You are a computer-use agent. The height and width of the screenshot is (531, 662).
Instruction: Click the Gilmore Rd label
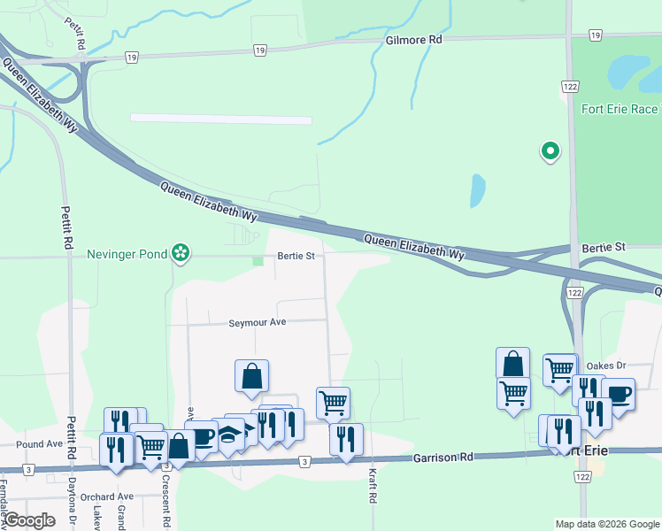point(413,41)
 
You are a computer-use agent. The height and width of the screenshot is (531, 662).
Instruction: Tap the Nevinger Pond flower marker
point(181,254)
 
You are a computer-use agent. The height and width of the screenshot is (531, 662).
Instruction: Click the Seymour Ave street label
point(258,323)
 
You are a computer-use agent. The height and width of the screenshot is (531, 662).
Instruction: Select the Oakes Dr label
point(606,365)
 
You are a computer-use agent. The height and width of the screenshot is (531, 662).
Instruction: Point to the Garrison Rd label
point(443,458)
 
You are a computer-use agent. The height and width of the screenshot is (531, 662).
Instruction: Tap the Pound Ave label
point(39,443)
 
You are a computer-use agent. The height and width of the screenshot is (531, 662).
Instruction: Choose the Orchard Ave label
point(106,496)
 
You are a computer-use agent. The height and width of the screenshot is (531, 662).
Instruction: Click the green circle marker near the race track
point(550,152)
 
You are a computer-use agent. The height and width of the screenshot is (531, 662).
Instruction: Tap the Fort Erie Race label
point(620,110)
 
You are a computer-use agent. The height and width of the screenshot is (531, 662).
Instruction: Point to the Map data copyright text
point(606,524)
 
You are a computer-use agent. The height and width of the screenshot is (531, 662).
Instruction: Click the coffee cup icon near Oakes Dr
point(618,393)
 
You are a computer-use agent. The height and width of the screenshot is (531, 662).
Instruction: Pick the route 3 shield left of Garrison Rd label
point(304,461)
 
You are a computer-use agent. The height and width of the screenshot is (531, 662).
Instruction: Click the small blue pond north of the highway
point(478,189)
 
